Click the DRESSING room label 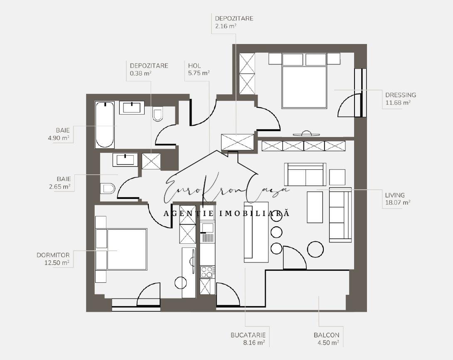[400, 95]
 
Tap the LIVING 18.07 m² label [398, 198]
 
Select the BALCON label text [327, 335]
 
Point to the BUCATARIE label [248, 335]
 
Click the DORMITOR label [53, 255]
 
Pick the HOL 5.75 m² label [199, 69]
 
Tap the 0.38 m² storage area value [141, 73]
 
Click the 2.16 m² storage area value [226, 26]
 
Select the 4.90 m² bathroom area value [59, 138]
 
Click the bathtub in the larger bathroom [105, 125]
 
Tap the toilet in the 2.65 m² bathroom [108, 189]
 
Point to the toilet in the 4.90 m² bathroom [158, 114]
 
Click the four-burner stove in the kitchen [208, 272]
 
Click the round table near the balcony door [315, 249]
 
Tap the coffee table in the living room [315, 207]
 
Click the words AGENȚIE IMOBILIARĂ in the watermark [226, 213]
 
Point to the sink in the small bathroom [126, 159]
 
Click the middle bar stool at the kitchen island [276, 232]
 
